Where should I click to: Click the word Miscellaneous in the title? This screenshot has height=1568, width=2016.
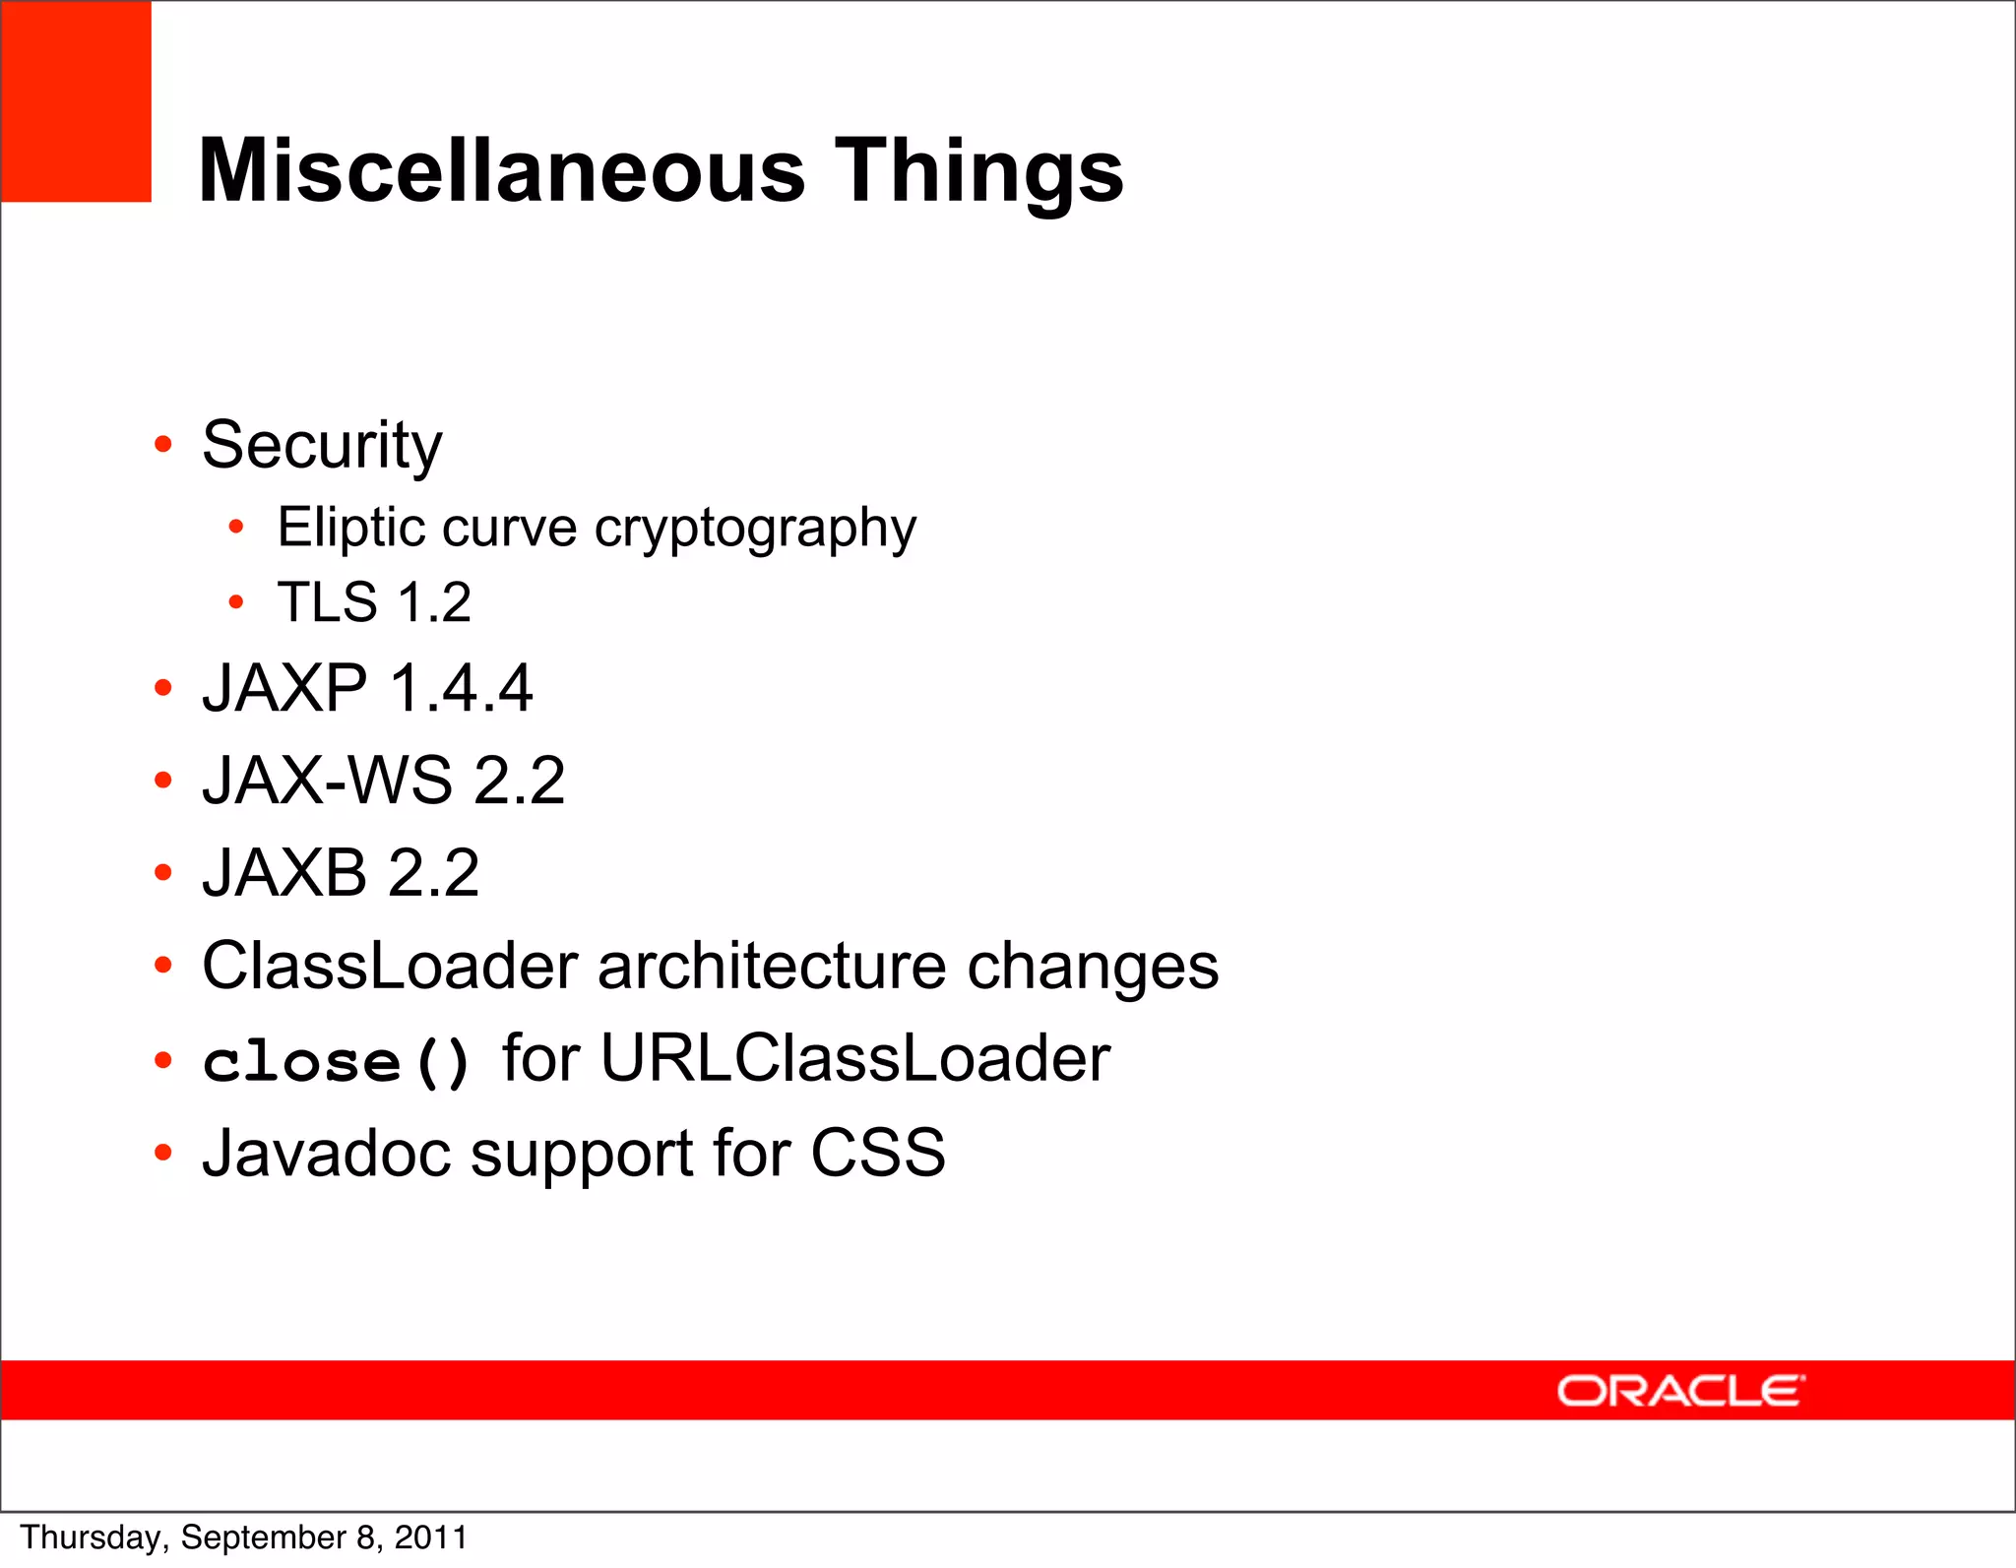502,171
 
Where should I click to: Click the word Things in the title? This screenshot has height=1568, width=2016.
978,171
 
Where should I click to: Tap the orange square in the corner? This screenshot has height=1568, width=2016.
76,101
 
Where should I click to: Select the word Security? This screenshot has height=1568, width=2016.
322,446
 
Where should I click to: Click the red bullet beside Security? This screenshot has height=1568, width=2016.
163,445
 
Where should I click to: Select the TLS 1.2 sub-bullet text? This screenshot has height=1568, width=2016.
374,601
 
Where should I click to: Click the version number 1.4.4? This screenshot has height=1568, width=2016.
461,688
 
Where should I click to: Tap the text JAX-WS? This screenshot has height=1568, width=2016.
327,781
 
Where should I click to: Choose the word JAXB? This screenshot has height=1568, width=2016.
284,873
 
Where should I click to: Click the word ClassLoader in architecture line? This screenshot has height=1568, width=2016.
390,966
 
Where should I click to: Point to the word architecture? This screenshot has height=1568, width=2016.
771,966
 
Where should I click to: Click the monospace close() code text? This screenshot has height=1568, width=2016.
337,1062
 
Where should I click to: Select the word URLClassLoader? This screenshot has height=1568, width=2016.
854,1059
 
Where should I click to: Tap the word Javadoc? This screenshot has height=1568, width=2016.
326,1153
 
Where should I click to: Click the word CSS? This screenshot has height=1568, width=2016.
877,1153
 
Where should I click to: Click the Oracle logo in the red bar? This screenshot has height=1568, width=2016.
1679,1391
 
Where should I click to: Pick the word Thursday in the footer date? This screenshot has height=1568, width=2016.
94,1537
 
